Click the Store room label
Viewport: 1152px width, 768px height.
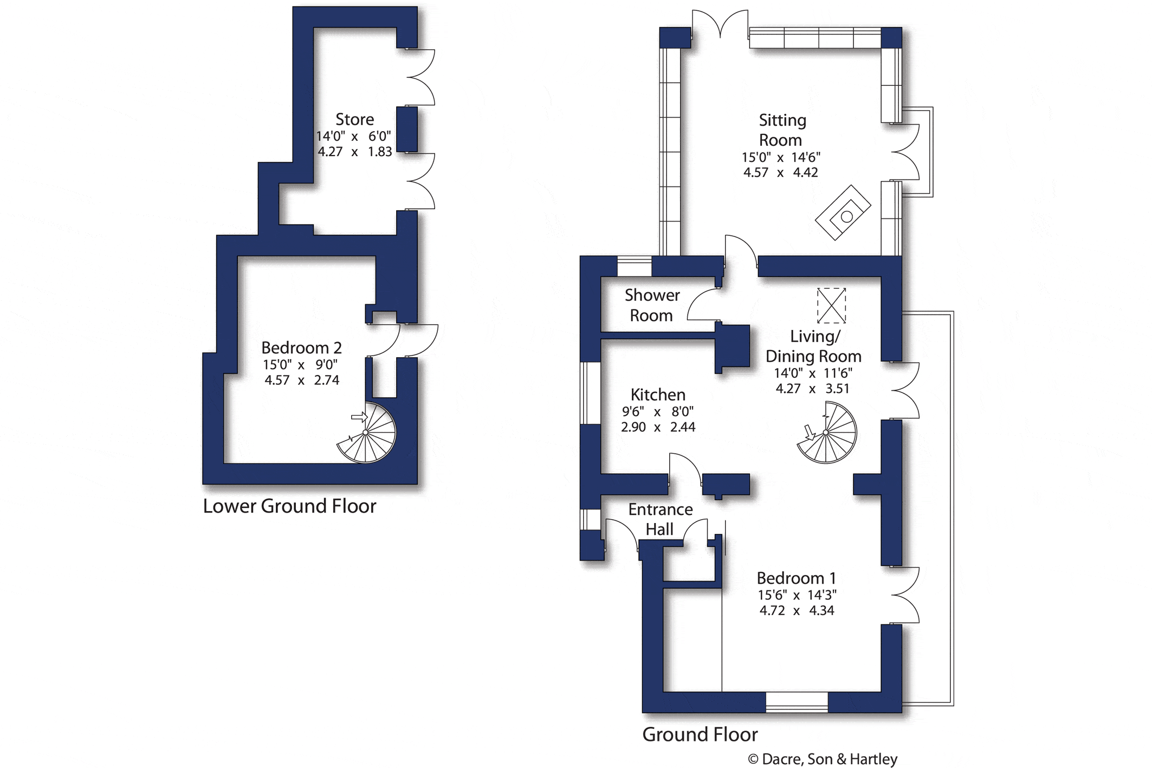354,119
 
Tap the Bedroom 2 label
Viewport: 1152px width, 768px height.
301,347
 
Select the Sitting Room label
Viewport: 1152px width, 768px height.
781,130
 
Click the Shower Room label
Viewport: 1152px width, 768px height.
651,305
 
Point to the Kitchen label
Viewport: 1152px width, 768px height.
658,395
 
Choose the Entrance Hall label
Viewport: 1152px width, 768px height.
660,519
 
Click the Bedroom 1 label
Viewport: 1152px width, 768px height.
796,578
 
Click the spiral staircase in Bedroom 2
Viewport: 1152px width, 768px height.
366,433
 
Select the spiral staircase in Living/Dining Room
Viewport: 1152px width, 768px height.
826,433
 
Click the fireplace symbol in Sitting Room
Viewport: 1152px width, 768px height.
843,212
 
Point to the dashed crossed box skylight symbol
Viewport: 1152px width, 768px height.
831,306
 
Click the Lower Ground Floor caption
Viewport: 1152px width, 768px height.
289,506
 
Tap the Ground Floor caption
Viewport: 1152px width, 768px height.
700,734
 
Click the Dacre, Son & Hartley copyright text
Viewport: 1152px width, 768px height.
823,759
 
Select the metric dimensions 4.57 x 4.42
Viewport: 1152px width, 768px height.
780,172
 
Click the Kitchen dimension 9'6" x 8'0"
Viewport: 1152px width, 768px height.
657,411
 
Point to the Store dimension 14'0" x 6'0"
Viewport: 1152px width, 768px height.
354,136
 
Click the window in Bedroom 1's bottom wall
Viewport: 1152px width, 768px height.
797,702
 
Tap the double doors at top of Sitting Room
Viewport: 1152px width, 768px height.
720,24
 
